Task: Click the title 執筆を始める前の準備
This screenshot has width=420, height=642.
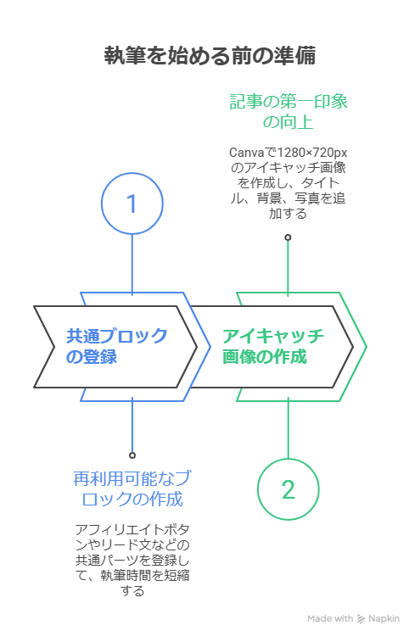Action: [x=210, y=56]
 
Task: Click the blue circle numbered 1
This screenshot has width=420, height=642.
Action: [x=132, y=204]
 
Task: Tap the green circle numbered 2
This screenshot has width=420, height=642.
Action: [x=288, y=489]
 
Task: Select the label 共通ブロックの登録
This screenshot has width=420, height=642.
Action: [x=117, y=346]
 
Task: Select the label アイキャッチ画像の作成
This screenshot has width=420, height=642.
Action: [x=272, y=346]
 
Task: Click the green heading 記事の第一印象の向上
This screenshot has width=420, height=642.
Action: [x=288, y=112]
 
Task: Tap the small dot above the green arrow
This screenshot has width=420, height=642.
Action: [x=288, y=237]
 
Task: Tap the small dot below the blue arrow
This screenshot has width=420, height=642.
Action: [x=132, y=455]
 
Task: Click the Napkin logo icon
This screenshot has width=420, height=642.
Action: [x=361, y=619]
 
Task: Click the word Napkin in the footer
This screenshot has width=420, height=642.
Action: [x=384, y=619]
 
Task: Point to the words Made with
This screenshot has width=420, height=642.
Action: [x=330, y=619]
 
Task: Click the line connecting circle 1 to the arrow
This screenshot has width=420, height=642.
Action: [x=132, y=263]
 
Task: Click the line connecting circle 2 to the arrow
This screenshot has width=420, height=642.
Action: [x=288, y=428]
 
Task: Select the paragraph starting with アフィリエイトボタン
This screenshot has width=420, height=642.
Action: [x=132, y=560]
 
